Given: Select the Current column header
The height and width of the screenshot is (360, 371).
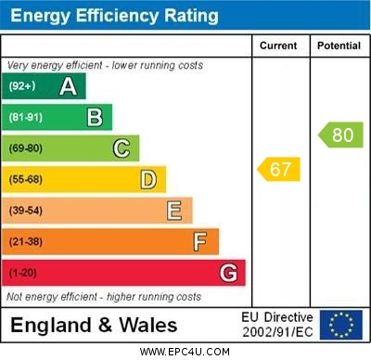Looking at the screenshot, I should coord(278,45).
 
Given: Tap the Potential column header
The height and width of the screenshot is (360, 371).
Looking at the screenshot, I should coord(339,45).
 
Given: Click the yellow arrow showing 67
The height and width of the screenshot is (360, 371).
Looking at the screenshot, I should coord(278,170).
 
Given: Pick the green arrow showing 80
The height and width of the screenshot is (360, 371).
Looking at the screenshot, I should coord(340,135).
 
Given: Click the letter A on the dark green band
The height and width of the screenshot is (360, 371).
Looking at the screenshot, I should coord(68,86).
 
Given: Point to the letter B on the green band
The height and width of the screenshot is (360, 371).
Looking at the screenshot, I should coord(95,117).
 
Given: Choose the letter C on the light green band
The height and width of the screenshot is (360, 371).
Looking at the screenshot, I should coord(122,148).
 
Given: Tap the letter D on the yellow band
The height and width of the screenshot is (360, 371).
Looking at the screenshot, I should coord(148,179).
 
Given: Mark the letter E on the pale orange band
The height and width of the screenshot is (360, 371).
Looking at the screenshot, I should coord(174,211).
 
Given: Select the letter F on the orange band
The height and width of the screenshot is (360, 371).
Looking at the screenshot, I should coord(200,242).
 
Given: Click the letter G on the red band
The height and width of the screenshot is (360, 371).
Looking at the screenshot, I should coord(228,273).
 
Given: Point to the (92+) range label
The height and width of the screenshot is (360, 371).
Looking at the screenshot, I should coord(22,86).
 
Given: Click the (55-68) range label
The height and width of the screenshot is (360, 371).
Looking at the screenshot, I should coord(26,179).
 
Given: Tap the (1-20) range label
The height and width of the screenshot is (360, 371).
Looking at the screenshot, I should coord(23,273).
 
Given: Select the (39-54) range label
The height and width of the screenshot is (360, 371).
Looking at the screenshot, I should coord(26,211).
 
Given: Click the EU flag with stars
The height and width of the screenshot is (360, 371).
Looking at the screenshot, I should coord(341,325).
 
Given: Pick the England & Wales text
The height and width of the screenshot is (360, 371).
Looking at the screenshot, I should coord(95,325).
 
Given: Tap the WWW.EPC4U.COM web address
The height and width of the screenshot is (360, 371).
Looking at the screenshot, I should coord(185,352).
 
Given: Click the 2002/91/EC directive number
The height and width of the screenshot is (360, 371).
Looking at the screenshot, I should coord(278,331).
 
